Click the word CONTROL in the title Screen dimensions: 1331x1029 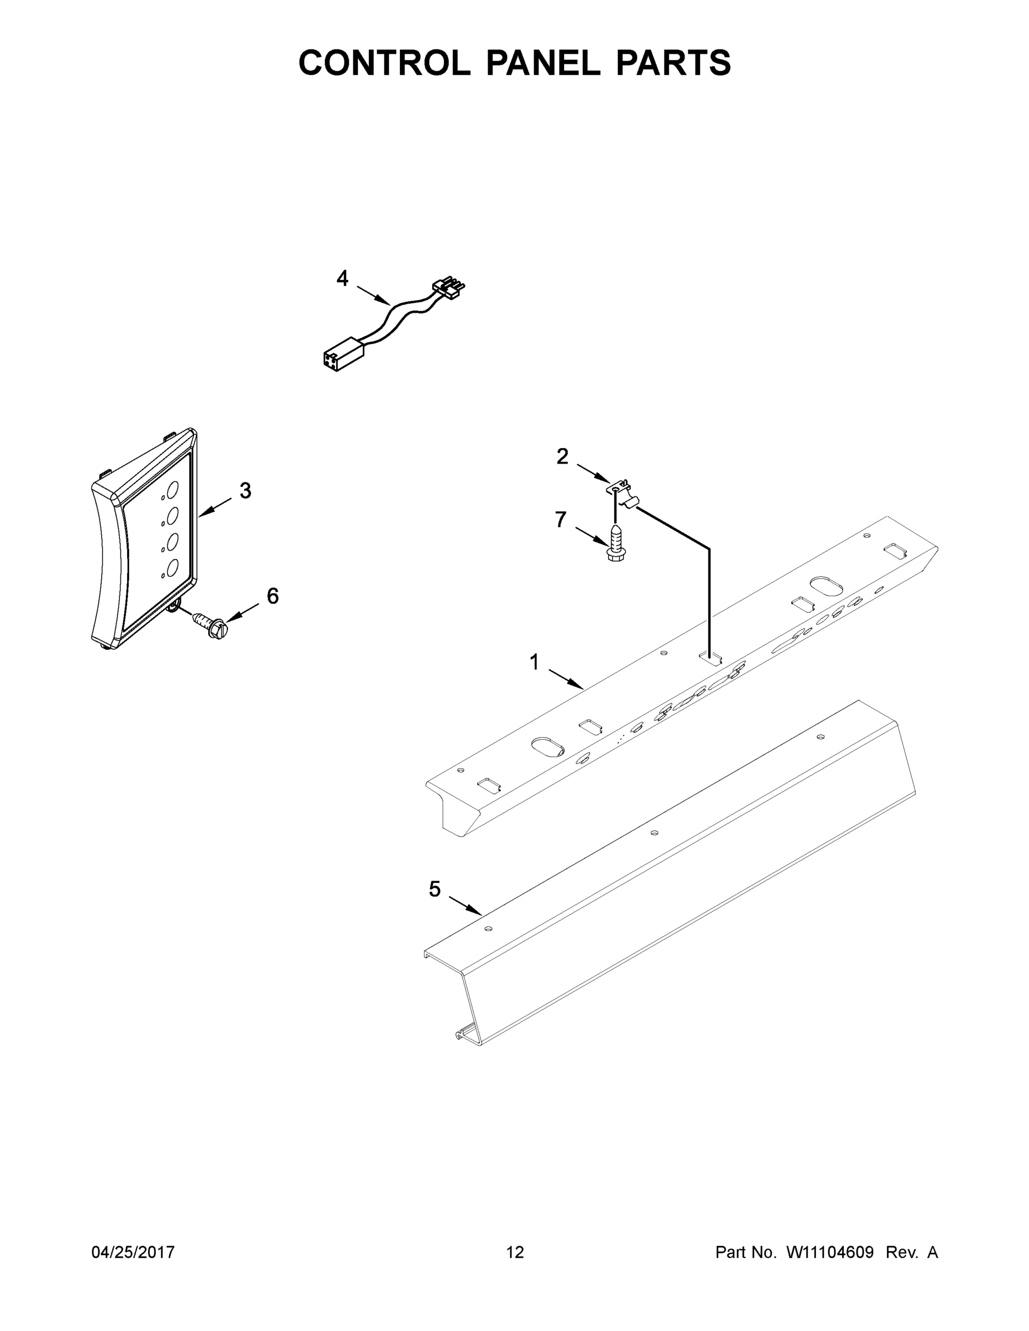(x=384, y=63)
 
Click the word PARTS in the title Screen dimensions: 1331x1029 (x=673, y=63)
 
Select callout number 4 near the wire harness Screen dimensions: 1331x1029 (x=343, y=278)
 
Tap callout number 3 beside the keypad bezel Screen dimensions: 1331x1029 (x=245, y=490)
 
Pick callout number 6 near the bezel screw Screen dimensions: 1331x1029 (x=272, y=596)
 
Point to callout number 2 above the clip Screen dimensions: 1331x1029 (x=562, y=456)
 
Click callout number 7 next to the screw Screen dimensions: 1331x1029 (x=560, y=519)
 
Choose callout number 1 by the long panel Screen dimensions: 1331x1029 (x=534, y=661)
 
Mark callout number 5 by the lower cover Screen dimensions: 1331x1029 (x=434, y=888)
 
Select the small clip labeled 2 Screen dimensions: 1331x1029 (x=622, y=492)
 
